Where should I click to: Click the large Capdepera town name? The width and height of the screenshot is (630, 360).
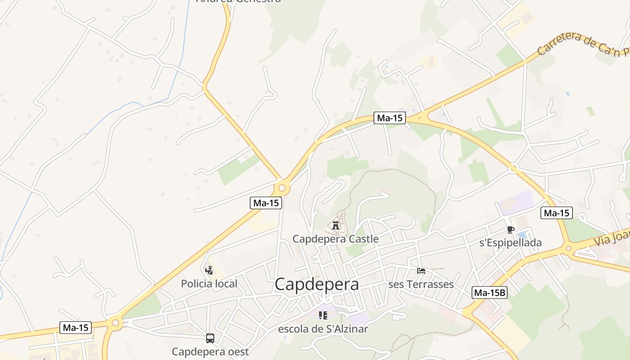317,284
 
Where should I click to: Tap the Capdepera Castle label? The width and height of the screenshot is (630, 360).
336,239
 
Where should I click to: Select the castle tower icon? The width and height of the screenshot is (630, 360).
336,225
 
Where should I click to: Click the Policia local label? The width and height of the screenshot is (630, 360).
209,284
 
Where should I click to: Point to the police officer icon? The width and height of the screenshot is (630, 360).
209,270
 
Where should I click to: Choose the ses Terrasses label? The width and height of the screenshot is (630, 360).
421,284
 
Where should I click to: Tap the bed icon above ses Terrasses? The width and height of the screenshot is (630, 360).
421,270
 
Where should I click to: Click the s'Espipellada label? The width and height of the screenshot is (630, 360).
510,243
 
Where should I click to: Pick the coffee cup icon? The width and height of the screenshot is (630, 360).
510,229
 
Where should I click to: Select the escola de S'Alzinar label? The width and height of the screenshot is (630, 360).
323,329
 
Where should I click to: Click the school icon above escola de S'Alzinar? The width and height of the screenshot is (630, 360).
323,315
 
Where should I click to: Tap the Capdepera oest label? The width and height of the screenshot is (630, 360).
210,351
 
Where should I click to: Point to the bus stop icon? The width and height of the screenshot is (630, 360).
210,338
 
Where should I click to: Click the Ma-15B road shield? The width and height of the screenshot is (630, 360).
490,293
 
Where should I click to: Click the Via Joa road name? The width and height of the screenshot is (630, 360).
612,238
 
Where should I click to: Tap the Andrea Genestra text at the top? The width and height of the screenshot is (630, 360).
238,1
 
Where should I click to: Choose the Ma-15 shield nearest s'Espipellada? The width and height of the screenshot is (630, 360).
557,213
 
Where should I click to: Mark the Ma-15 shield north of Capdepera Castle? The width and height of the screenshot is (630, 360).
390,118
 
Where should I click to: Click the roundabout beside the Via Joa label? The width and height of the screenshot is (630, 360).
568,248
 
